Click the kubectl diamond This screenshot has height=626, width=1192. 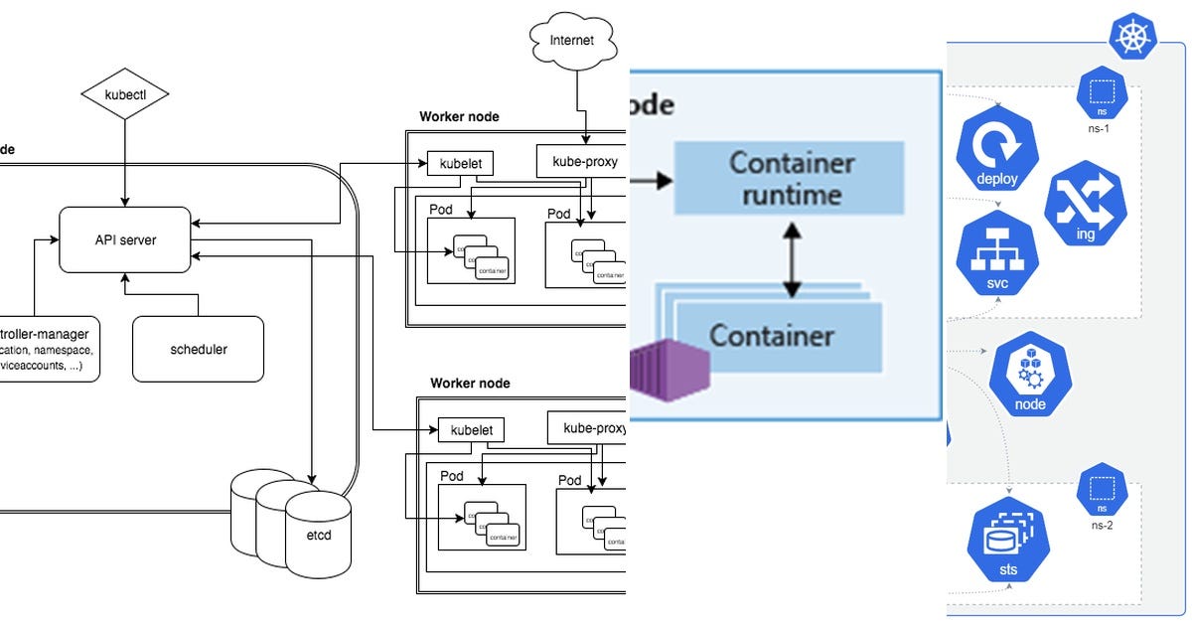coord(124,96)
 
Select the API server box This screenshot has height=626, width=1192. coord(124,239)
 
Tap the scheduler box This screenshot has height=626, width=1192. coord(199,349)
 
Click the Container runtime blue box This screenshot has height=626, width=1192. coord(789,178)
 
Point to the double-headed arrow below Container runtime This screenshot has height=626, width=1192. coord(791,260)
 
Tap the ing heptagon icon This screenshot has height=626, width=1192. coord(1085,207)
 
